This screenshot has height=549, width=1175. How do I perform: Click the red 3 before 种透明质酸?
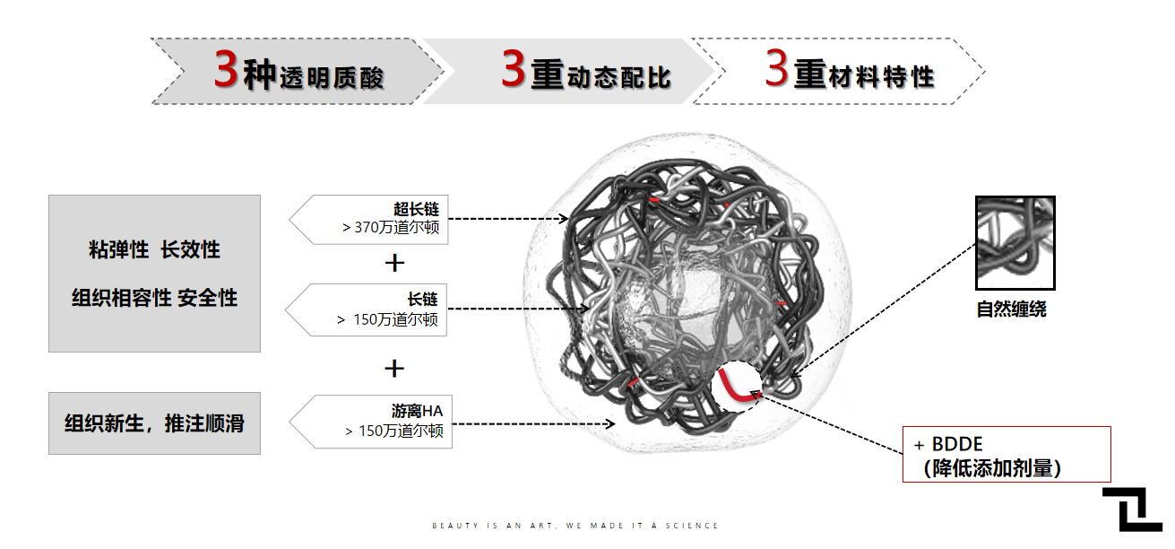point(227,69)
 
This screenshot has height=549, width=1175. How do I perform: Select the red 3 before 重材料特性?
point(777,66)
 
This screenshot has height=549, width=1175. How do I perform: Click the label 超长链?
point(416,209)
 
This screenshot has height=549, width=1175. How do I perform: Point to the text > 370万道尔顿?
point(391,227)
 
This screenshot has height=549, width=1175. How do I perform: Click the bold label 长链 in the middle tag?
point(422,299)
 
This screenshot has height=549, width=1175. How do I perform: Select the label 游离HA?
point(417,411)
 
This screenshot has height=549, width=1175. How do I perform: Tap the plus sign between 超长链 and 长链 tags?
point(394,263)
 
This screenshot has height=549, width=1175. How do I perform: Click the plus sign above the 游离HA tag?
point(394,369)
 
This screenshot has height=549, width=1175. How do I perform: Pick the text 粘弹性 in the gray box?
point(118,249)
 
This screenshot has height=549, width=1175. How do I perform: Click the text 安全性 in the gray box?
point(207,298)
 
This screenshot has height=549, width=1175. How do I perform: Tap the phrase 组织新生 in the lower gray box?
point(104,423)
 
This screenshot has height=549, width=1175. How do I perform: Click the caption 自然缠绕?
point(1011,309)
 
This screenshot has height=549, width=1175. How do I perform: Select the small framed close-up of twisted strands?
point(1015,243)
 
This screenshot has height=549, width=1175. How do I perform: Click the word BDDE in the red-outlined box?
point(957,445)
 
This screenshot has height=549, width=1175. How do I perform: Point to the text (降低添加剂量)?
point(991,468)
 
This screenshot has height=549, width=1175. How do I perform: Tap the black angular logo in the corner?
point(1132,510)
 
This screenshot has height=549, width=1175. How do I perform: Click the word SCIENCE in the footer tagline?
point(692,526)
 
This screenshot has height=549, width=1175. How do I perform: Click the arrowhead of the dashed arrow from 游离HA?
point(610,423)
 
